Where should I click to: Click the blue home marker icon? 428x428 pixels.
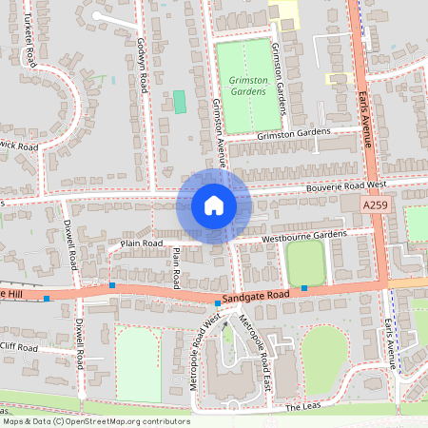(x=213, y=205)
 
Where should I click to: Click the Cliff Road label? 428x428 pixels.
(x=19, y=347)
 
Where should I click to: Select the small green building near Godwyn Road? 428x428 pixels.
(x=179, y=102)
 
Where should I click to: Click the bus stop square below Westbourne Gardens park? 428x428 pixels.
(x=304, y=287)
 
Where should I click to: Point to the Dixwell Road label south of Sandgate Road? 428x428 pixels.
(x=79, y=342)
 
